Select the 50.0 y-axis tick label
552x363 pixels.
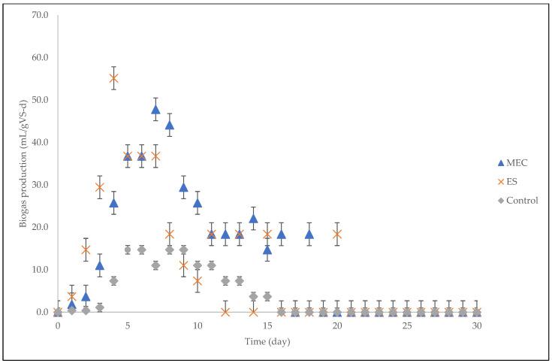pyautogui.click(x=40, y=100)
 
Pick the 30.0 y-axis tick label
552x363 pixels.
pyautogui.click(x=40, y=185)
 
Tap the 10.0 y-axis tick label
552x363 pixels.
pyautogui.click(x=40, y=270)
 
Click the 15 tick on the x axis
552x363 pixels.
pyautogui.click(x=267, y=326)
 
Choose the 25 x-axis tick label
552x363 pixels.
pyautogui.click(x=406, y=326)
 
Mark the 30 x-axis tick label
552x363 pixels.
pyautogui.click(x=476, y=326)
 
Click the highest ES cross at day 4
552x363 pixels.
pyautogui.click(x=113, y=78)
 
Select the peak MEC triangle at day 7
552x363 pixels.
pyautogui.click(x=155, y=109)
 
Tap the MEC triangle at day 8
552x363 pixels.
pyautogui.click(x=170, y=125)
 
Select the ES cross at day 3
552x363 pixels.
pyautogui.click(x=100, y=187)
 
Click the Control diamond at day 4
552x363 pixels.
pyautogui.click(x=113, y=280)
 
